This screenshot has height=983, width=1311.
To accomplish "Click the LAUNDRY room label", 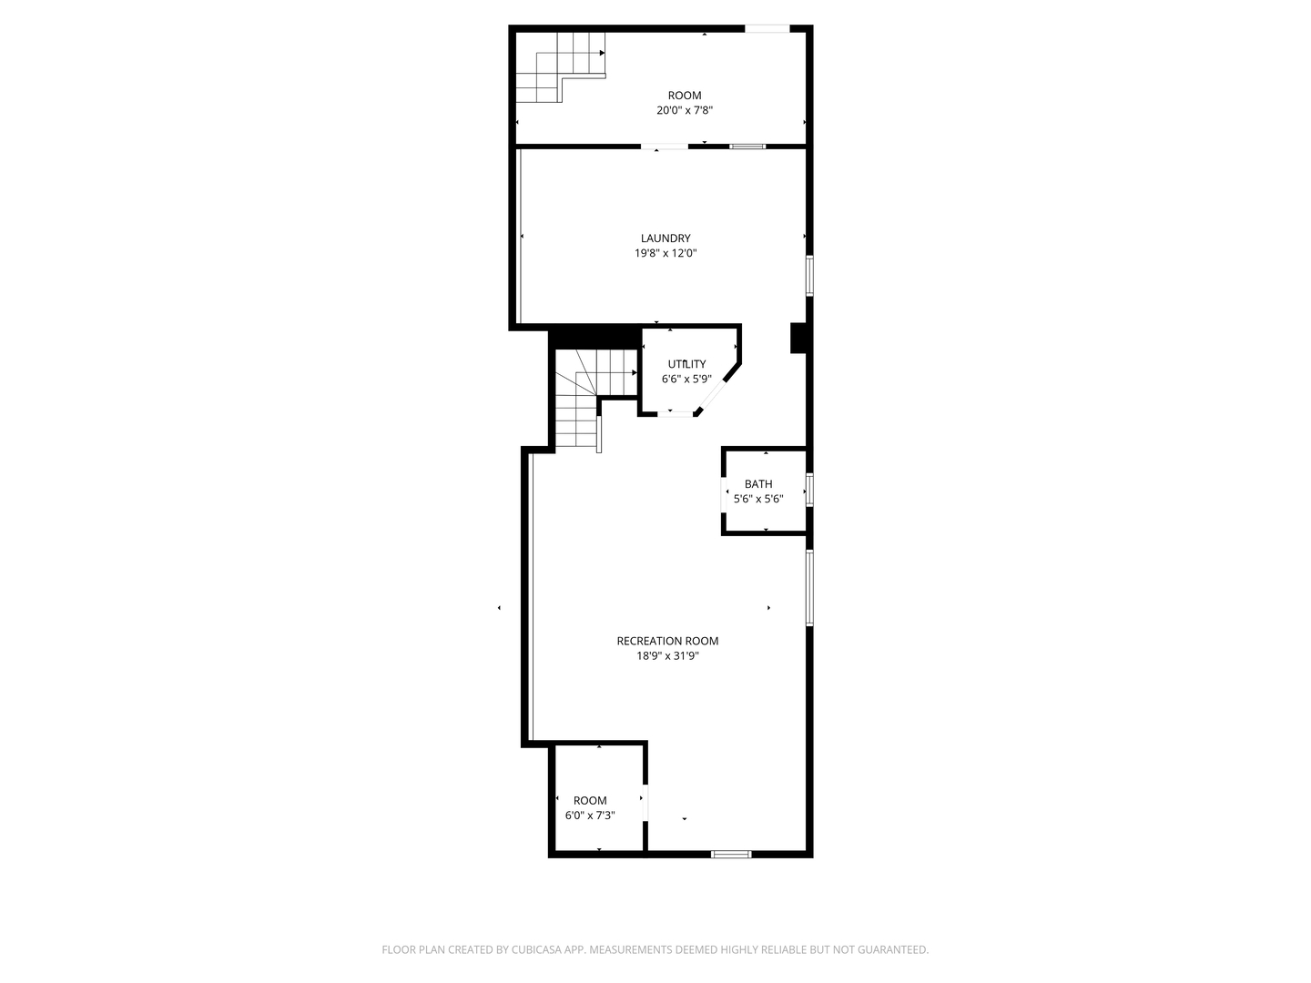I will [666, 238].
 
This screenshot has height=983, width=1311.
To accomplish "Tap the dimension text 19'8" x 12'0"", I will [666, 254].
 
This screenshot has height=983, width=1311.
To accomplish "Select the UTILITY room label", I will [686, 364].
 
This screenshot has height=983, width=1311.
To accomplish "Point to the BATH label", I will [758, 484].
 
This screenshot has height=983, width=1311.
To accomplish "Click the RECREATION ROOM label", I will [667, 641].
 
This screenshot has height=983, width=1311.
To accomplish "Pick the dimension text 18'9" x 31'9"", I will [667, 655].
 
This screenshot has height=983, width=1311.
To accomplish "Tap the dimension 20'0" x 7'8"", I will [685, 110].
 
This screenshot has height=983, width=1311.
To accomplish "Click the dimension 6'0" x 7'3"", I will [590, 816].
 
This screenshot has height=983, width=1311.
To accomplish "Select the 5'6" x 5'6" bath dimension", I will [758, 499].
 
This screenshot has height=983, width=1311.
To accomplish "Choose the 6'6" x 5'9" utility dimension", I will [686, 379].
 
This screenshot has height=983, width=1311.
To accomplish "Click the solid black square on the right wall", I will [798, 338].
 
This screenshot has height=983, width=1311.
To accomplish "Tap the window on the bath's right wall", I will [808, 490].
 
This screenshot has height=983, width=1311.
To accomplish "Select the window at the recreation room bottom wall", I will [731, 854].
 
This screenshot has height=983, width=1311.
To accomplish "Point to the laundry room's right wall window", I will [808, 276].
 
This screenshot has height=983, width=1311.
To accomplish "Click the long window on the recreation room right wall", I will [808, 587].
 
